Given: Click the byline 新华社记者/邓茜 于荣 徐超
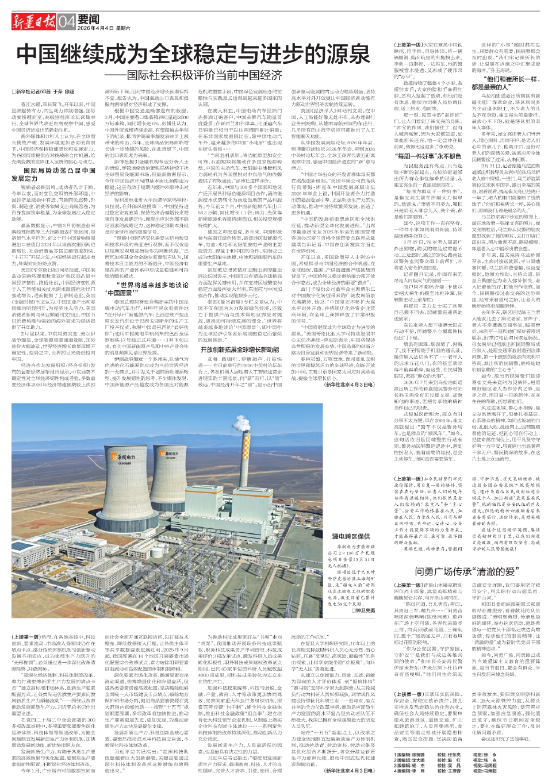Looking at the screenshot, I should coord(44,91).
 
